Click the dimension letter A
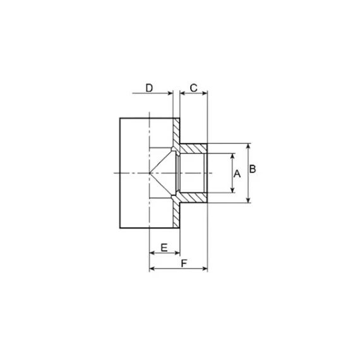pos(237,174)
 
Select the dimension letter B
pos(253,169)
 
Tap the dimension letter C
pos(193,88)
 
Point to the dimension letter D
pos(149,88)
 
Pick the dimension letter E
pos(164,248)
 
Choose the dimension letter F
pos(184,263)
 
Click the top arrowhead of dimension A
pos(233,156)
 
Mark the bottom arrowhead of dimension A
pos(233,190)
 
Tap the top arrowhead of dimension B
pos(248,147)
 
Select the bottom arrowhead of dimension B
pos(248,200)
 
